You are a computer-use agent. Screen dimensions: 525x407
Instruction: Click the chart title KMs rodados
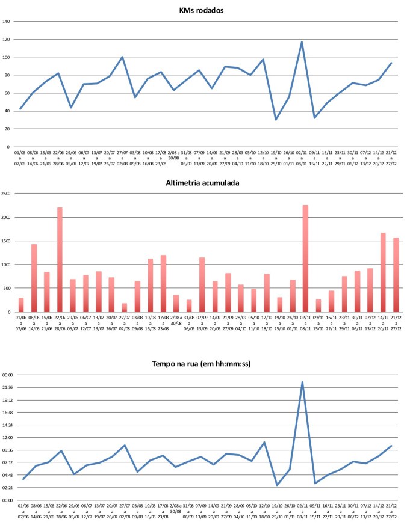pos(203,10)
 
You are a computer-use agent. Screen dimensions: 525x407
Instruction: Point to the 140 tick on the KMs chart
pos(7,22)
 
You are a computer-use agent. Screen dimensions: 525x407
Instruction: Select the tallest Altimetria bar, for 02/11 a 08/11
pos(305,259)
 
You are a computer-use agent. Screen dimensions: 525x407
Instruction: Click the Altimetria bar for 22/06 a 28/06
pos(60,260)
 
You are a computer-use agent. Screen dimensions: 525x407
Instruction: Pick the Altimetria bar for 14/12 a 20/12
pos(383,272)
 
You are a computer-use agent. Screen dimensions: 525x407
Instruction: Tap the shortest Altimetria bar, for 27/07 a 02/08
pos(124,308)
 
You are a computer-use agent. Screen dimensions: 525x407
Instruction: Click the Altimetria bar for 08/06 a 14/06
pos(34,278)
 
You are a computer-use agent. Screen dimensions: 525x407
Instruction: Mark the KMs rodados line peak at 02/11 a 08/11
pos(302,42)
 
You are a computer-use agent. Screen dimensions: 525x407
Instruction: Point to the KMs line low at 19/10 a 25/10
pos(276,120)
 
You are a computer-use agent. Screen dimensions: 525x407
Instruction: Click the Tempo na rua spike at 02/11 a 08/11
pos(302,382)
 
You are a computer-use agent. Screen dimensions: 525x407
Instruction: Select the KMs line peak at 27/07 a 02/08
pos(123,57)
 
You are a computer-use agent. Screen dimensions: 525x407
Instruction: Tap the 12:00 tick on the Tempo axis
pos(7,438)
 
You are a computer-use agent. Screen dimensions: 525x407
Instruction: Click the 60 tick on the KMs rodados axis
pos(7,93)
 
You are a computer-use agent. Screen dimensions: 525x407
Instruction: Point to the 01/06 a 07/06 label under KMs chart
pos(20,158)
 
